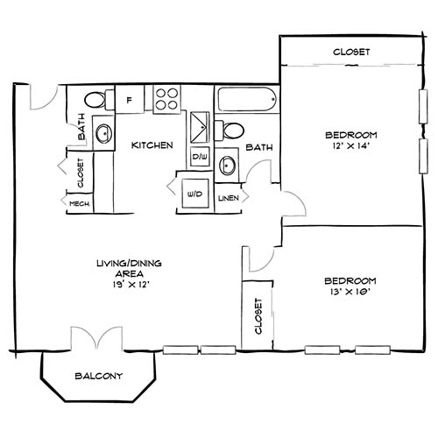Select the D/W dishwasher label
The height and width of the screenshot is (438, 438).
pos(201,158)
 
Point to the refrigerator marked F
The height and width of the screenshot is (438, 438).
pos(130,99)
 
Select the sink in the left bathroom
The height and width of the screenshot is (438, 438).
pos(102,133)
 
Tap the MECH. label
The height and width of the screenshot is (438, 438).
pos(79,204)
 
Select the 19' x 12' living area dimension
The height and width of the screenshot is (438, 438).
pos(133,286)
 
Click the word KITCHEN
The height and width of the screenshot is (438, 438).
pos(152,145)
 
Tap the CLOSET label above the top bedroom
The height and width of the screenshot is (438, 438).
pos(350,53)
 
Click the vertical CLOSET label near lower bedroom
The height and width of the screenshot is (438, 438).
pos(258,316)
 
